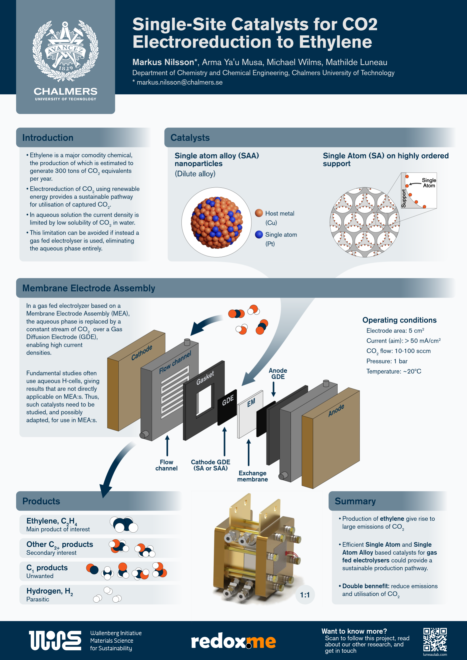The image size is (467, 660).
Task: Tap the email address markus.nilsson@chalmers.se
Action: [x=179, y=82]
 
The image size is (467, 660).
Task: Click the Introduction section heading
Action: [x=48, y=138]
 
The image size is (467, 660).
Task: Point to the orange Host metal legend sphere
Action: [x=259, y=213]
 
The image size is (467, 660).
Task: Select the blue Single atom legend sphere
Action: [x=259, y=234]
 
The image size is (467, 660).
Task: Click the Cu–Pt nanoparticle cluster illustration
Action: [x=216, y=222]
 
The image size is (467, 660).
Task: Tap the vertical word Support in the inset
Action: [x=404, y=198]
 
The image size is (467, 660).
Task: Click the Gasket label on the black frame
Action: [x=205, y=378]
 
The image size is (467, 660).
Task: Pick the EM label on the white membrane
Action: [x=251, y=403]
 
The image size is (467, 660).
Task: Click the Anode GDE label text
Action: [x=278, y=374]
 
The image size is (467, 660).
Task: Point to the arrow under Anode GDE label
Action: [x=274, y=389]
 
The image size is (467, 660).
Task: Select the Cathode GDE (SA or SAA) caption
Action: [x=210, y=465]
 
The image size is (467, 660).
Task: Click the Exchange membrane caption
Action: [x=253, y=476]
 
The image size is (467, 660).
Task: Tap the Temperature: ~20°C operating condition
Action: [x=394, y=372]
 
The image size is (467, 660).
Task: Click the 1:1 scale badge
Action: [x=305, y=595]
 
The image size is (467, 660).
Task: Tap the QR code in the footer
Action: [x=435, y=639]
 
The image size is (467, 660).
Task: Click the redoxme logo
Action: [x=233, y=641]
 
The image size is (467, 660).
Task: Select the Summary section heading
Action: [x=355, y=501]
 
